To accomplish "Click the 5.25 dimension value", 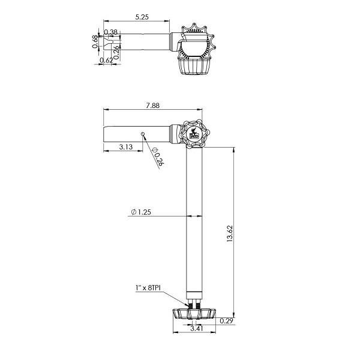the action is point(142,17).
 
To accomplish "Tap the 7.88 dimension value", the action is point(152,106).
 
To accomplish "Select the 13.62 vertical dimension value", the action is point(230,234).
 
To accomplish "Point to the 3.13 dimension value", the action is point(126,147).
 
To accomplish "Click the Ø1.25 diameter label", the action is point(141,212).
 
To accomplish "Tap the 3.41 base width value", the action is point(197,329).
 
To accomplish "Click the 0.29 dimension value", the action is point(226,321).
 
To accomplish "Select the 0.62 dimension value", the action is point(106,60).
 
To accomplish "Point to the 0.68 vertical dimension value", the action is point(95,42).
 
